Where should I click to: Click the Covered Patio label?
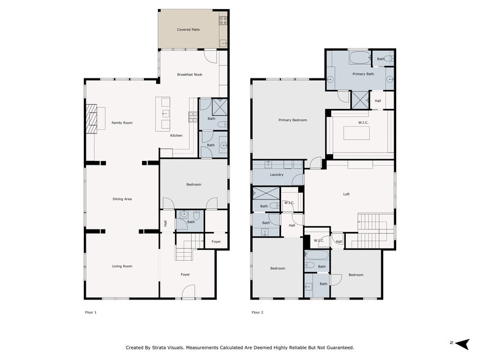click(189, 29)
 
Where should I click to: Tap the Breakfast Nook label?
click(189, 75)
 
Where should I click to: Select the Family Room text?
click(122, 123)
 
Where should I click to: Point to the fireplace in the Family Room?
click(91, 118)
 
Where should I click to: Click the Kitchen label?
click(176, 135)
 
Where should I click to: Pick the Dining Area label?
click(122, 199)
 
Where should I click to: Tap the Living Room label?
click(122, 266)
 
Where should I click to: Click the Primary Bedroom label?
click(292, 120)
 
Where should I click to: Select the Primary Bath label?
click(363, 74)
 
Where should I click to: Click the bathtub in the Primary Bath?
click(359, 59)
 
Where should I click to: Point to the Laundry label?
click(276, 175)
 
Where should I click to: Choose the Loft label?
click(347, 195)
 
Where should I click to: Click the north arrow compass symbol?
click(462, 343)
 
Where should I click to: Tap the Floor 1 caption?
click(91, 312)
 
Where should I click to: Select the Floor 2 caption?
click(257, 312)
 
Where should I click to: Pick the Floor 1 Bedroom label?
click(193, 184)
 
